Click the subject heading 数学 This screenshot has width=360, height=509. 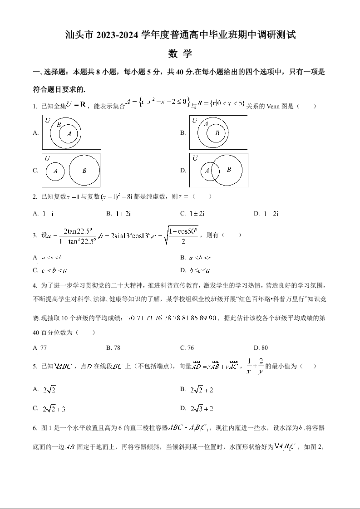tap(180, 54)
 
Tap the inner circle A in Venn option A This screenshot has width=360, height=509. tap(69, 134)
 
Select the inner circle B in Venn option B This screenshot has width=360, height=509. tap(217, 133)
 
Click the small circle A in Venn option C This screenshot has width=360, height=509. tap(55, 171)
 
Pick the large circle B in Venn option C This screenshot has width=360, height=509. tap(84, 171)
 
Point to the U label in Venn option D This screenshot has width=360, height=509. tap(195, 158)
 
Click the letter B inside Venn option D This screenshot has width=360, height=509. tap(229, 170)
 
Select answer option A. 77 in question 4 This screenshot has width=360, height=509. tap(40, 348)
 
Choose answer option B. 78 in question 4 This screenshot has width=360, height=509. tap(113, 348)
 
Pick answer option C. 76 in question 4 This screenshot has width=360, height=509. tap(187, 348)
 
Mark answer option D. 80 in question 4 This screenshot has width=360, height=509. tap(261, 348)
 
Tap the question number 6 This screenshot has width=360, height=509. tap(35, 427)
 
